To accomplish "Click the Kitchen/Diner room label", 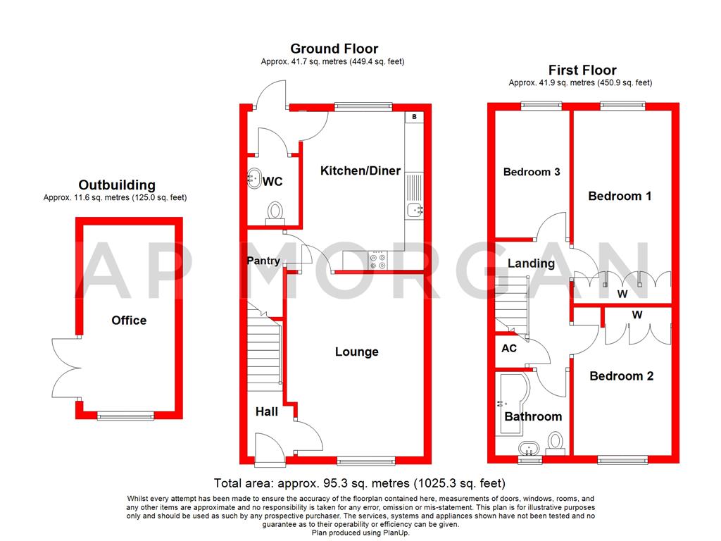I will click(x=360, y=170).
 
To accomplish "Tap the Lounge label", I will click(x=356, y=352).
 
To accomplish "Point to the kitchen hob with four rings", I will click(x=377, y=261).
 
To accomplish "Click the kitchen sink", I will click(x=415, y=208).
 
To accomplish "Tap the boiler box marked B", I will click(x=415, y=116).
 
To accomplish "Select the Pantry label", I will click(x=263, y=261).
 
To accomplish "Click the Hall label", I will click(x=267, y=411).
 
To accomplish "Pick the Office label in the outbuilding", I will click(x=129, y=321).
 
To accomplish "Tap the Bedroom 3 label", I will click(x=532, y=172).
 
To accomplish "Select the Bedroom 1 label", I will click(x=620, y=196).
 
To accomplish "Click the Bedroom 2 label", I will click(x=621, y=376).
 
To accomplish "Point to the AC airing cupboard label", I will click(x=509, y=349).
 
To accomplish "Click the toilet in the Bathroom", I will click(x=556, y=442).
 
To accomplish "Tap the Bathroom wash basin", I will click(x=527, y=448).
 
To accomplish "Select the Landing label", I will click(x=531, y=263).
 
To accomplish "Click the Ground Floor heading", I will click(x=334, y=49).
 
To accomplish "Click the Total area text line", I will click(x=360, y=483).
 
